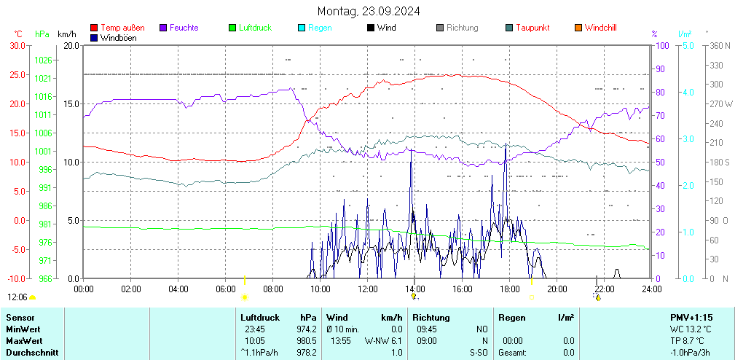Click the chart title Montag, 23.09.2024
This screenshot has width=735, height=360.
click(x=368, y=11)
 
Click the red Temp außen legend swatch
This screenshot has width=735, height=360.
click(x=94, y=28)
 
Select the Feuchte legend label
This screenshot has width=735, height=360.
click(x=184, y=28)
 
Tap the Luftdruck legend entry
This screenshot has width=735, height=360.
click(x=255, y=28)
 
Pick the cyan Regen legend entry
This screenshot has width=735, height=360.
click(x=320, y=28)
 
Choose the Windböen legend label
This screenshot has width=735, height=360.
click(x=118, y=37)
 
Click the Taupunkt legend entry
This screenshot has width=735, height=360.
click(x=532, y=28)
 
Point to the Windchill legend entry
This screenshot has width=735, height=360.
click(x=600, y=28)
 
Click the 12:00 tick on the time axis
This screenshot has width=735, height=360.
click(x=368, y=289)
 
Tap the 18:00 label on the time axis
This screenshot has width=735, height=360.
click(x=510, y=289)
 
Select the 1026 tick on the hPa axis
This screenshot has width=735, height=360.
click(x=43, y=60)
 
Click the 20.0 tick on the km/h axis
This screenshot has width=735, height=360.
click(x=71, y=45)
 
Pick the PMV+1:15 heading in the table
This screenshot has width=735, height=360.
click(x=691, y=318)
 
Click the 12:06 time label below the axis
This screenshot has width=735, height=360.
click(x=17, y=297)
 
